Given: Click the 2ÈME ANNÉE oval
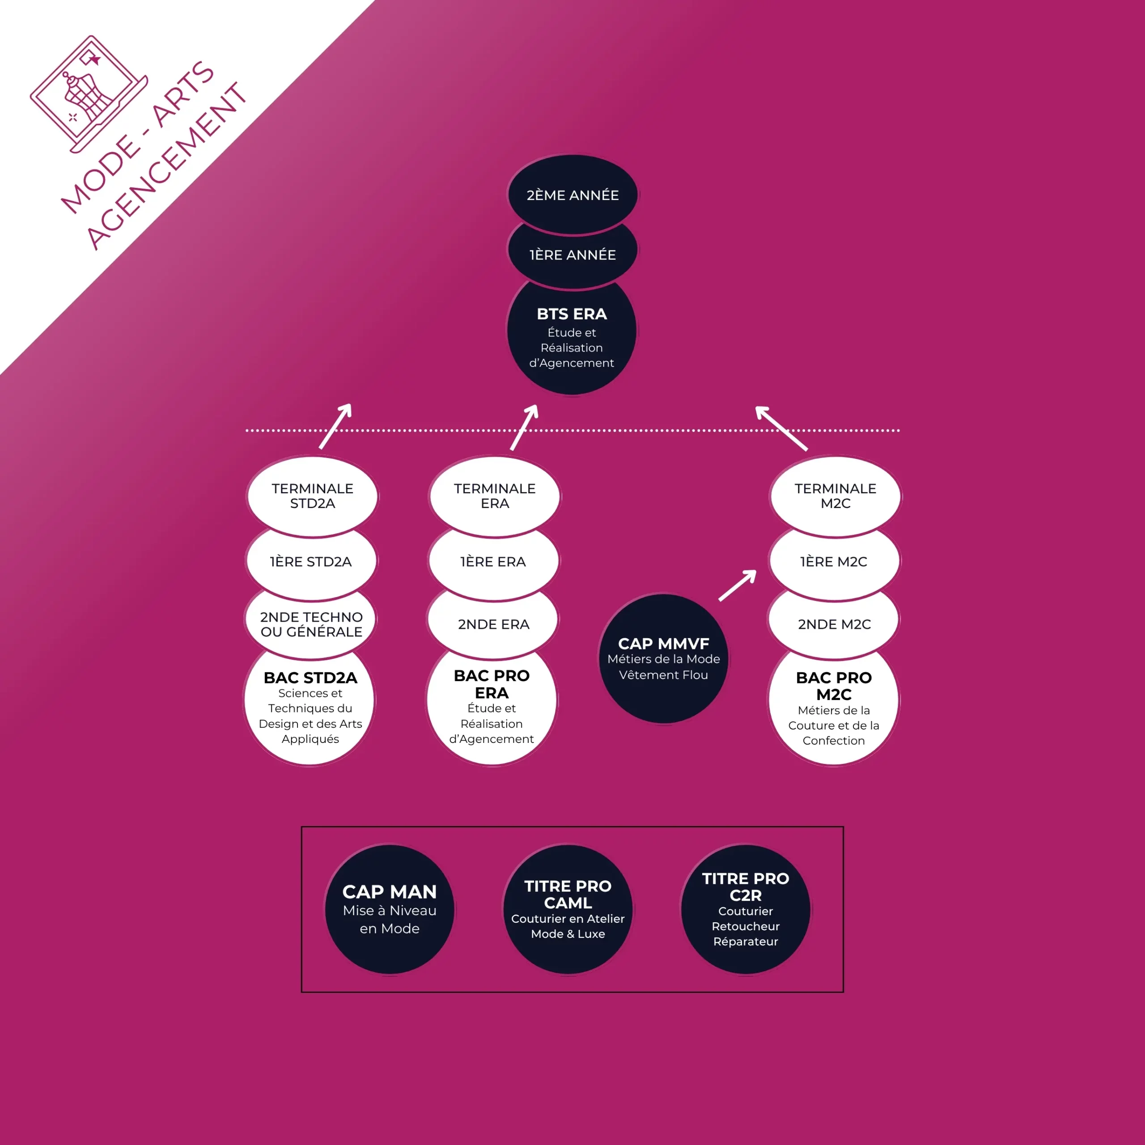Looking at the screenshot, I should point(572,195).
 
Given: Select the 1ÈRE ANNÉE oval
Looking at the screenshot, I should point(572,255).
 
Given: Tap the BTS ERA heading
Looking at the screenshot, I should point(572,314).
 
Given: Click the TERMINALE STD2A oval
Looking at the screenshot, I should point(312,496).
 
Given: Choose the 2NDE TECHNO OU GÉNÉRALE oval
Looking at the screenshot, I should point(311,624).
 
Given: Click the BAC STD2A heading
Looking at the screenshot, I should point(310,678).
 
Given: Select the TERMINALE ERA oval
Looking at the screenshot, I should point(495,496).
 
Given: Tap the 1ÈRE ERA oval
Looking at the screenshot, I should point(493,562).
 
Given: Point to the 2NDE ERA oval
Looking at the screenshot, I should point(494,624).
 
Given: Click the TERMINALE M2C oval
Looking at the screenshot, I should point(835,496).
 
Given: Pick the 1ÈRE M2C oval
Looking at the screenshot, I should point(834,562).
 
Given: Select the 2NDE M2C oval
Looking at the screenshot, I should point(835,624).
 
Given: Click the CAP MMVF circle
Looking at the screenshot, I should point(664,658).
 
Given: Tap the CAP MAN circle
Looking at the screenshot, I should point(390,910).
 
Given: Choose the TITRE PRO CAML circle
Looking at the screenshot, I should point(568,910).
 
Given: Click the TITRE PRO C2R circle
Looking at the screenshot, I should point(746,910).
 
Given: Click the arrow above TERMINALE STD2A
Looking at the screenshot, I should point(335,426).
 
